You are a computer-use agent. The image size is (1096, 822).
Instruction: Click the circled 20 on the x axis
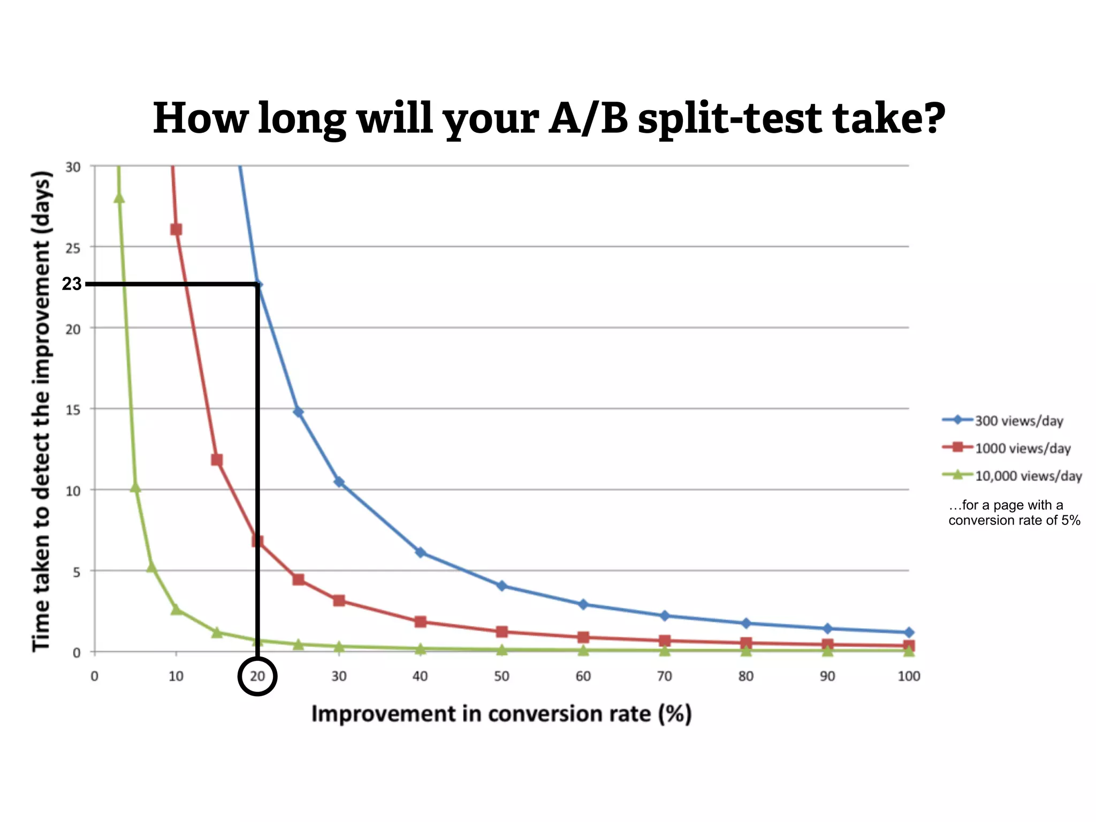click(x=257, y=676)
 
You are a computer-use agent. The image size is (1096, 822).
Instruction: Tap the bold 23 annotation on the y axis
click(x=72, y=284)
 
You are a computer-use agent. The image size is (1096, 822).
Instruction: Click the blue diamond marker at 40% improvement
click(x=421, y=552)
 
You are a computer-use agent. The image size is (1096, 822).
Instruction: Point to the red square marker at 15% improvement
click(x=217, y=460)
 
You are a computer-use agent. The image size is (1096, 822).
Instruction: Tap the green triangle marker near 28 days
click(x=119, y=198)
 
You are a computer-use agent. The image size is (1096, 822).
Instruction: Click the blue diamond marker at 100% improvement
click(x=909, y=633)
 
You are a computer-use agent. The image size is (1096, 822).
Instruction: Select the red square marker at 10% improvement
click(x=176, y=230)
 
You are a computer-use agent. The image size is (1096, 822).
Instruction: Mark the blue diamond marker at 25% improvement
click(x=299, y=412)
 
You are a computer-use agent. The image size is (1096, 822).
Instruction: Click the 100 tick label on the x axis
click(x=909, y=676)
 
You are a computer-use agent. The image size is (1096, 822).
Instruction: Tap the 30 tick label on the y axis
click(x=73, y=168)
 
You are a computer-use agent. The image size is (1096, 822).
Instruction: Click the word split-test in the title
click(x=730, y=119)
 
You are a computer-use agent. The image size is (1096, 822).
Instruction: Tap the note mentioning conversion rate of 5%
click(x=1014, y=513)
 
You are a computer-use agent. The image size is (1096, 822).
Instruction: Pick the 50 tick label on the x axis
click(x=501, y=676)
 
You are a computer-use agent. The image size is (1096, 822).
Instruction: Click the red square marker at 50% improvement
click(x=501, y=631)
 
